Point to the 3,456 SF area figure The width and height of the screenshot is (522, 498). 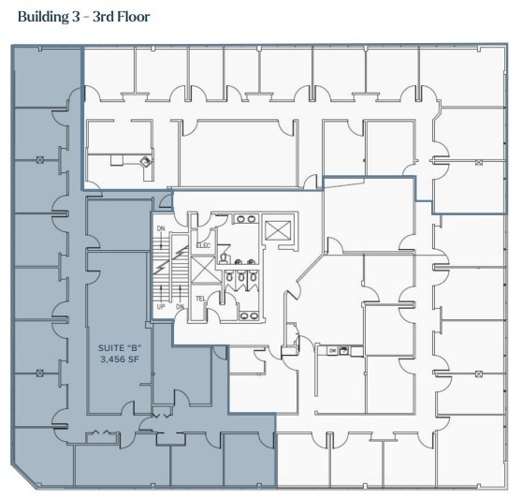pos(120,359)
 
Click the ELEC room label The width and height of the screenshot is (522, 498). pos(203,245)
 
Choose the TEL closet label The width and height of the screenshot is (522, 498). pos(200,299)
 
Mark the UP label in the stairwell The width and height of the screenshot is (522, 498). pos(160,306)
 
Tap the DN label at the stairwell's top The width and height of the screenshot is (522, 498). pos(160,227)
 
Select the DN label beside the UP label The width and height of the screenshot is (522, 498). pos(179,306)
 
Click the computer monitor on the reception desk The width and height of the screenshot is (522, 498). pos(145,162)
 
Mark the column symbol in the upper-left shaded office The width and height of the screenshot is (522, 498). pos(40,160)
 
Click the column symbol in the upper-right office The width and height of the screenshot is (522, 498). pos(478,162)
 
